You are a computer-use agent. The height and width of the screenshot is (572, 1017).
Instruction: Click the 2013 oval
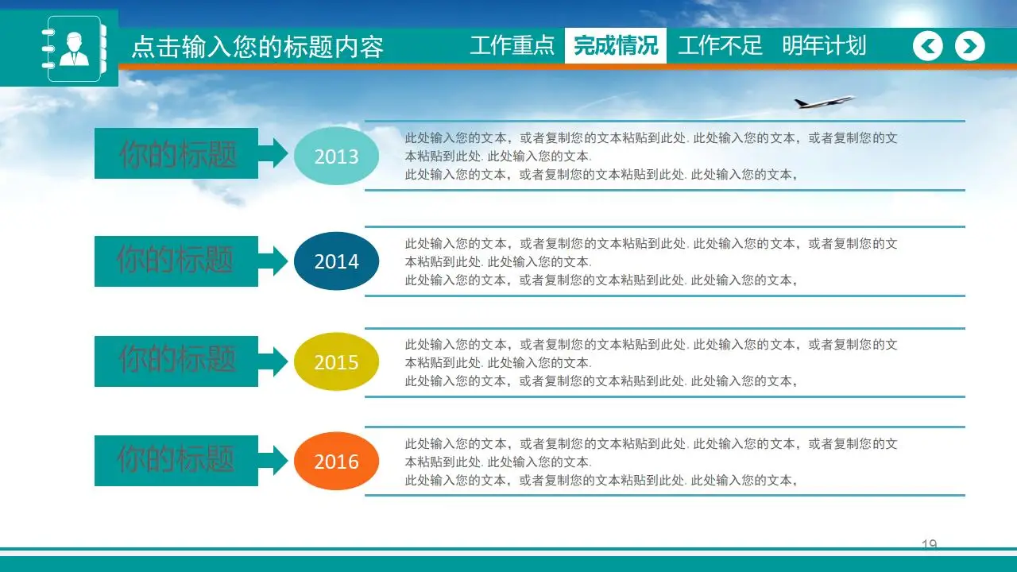pyautogui.click(x=336, y=157)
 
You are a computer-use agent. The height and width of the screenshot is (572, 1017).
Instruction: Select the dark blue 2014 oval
pyautogui.click(x=336, y=261)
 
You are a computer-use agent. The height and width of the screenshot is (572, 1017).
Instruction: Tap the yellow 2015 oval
pyautogui.click(x=336, y=362)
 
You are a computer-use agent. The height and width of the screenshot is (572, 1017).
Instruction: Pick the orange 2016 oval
pyautogui.click(x=336, y=462)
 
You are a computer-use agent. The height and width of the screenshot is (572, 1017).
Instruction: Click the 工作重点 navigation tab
pyautogui.click(x=512, y=45)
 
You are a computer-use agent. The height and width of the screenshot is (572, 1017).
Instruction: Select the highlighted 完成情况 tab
pyautogui.click(x=616, y=45)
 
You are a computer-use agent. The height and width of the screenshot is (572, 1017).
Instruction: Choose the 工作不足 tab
pyautogui.click(x=720, y=45)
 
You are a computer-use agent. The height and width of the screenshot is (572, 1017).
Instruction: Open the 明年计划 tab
pyautogui.click(x=824, y=45)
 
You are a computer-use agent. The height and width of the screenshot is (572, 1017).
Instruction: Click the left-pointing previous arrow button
pyautogui.click(x=928, y=46)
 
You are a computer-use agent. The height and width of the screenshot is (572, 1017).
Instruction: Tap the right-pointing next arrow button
pyautogui.click(x=969, y=46)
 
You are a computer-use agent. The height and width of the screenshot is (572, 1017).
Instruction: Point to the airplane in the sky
pyautogui.click(x=824, y=102)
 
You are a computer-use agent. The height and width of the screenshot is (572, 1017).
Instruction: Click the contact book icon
pyautogui.click(x=74, y=48)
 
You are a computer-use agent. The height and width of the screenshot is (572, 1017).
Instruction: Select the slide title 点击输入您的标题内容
pyautogui.click(x=257, y=48)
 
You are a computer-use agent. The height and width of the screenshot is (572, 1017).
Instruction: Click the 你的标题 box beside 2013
pyautogui.click(x=176, y=153)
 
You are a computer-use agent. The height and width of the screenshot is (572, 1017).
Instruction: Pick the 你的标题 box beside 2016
pyautogui.click(x=176, y=460)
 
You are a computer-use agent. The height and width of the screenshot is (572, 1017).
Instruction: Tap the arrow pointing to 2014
pyautogui.click(x=274, y=261)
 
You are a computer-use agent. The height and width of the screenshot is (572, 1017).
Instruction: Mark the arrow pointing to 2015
pyautogui.click(x=274, y=361)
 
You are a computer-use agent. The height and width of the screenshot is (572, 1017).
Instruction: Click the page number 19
pyautogui.click(x=929, y=544)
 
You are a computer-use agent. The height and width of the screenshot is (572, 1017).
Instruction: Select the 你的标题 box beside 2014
pyautogui.click(x=176, y=261)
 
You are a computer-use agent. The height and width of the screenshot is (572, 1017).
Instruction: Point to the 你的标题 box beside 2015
pyautogui.click(x=176, y=361)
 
